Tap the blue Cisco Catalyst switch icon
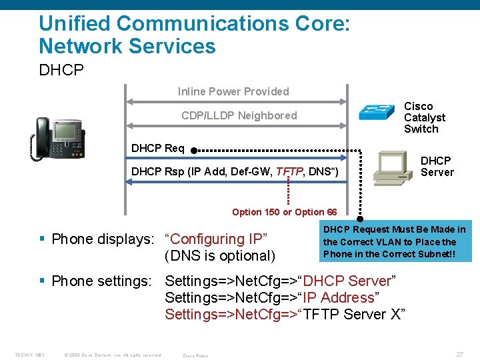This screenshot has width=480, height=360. click(377, 111)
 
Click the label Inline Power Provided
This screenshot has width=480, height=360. click(233, 91)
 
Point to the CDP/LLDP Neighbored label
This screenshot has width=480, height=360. click(239, 115)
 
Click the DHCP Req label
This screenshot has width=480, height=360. click(158, 148)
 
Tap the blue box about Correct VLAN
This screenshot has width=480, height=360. click(395, 241)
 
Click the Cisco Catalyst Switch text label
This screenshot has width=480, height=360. click(424, 117)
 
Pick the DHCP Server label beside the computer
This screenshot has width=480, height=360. click(437, 166)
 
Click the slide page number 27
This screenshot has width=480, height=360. click(459, 355)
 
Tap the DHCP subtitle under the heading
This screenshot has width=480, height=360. click(61, 69)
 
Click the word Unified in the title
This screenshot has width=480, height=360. click(74, 23)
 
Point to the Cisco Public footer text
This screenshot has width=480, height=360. click(195, 355)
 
